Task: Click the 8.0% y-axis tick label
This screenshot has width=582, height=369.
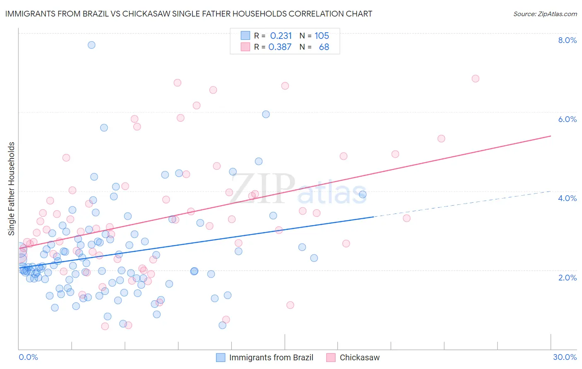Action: (x=567, y=40)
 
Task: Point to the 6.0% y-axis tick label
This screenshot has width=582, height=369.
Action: (x=567, y=119)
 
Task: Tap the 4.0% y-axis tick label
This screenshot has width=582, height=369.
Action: (x=567, y=198)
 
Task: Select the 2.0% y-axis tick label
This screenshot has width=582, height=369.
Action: (x=567, y=278)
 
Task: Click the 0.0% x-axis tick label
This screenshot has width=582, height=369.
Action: (x=28, y=357)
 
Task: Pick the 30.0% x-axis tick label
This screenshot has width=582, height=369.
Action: (x=565, y=357)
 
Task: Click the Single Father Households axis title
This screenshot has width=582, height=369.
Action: (x=12, y=189)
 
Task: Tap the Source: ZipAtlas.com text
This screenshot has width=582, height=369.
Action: (x=545, y=14)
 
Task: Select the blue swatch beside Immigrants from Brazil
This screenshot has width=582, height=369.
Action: (x=221, y=357)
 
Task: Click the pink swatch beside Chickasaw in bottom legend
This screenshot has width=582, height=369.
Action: (x=331, y=357)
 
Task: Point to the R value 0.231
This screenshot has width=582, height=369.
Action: (x=281, y=36)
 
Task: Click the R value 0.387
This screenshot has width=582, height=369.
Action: (x=280, y=47)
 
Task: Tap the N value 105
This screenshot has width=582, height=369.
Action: (x=322, y=36)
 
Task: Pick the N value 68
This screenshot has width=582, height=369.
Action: (x=324, y=47)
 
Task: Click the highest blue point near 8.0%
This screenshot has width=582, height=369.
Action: (x=91, y=45)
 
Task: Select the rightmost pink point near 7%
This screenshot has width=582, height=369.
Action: (x=475, y=79)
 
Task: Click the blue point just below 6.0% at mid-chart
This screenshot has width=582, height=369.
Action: (x=266, y=114)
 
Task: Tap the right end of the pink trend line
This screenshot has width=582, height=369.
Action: (x=551, y=136)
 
